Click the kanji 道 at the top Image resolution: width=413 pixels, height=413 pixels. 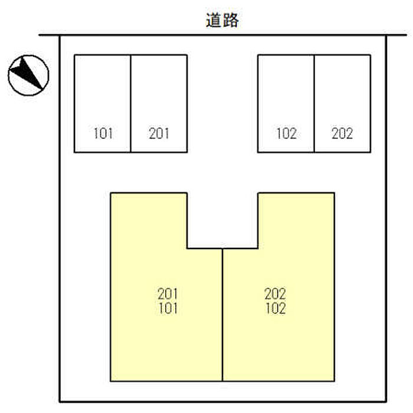point(214,20)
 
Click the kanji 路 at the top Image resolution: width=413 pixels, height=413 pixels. point(231,20)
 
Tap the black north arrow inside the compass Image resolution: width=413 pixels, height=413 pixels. point(27,73)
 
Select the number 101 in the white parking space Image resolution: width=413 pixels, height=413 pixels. point(103,133)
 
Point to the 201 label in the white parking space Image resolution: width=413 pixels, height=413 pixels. point(159,133)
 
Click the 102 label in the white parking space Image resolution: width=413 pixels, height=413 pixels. point(286,133)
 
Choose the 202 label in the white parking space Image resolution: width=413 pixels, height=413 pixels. point(342,133)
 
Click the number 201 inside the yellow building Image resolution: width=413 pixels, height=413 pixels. point(168,294)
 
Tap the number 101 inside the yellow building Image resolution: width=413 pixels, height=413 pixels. point(168,308)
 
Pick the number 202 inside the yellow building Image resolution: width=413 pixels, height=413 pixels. point(276,294)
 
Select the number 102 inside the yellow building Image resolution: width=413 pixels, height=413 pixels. point(276,308)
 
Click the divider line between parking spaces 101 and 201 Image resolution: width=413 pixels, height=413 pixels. point(130,103)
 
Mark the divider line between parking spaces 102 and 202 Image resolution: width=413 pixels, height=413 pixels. point(314,103)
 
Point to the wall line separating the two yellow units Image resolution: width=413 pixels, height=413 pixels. point(222,314)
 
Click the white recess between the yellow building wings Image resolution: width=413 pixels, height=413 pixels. point(222,221)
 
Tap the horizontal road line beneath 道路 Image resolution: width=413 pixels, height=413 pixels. point(223,35)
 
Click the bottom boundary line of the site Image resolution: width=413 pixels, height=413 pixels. point(223,402)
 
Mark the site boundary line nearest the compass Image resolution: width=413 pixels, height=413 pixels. point(60,219)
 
